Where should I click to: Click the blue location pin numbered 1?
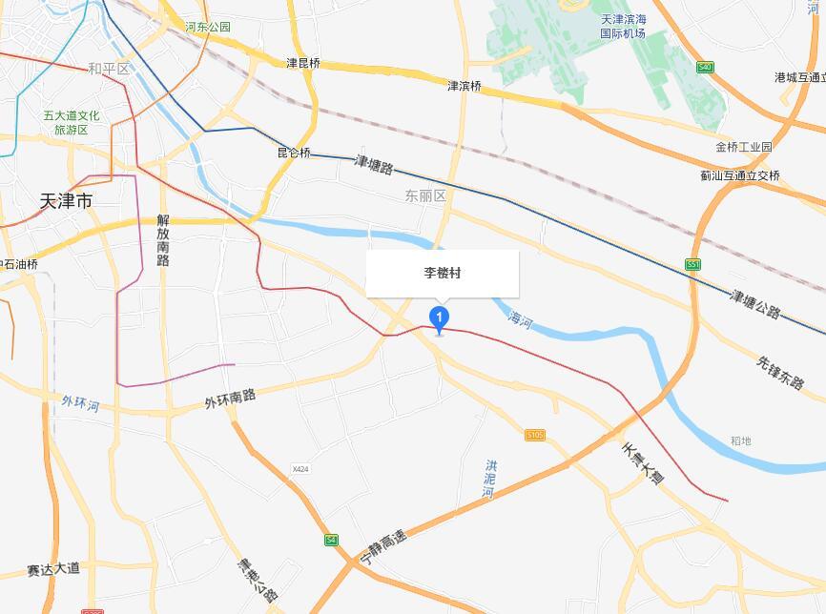[x=439, y=318]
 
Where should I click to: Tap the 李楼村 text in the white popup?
[x=443, y=273]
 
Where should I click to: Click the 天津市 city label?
[x=67, y=201]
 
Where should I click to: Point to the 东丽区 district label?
[x=425, y=195]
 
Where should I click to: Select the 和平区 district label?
[x=108, y=69]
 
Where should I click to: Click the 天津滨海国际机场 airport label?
[x=623, y=27]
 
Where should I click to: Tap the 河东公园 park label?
[x=208, y=27]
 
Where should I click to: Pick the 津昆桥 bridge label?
[x=303, y=63]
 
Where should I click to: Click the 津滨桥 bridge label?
[x=465, y=86]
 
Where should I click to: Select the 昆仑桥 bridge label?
[x=294, y=153]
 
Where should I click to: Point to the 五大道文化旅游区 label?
[x=71, y=122]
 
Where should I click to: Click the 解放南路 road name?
[x=163, y=239]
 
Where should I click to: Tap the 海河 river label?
[x=521, y=317]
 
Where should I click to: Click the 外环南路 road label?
[x=230, y=399]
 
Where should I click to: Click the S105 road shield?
[x=535, y=435]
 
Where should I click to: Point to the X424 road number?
[x=301, y=469]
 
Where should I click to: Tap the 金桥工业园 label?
[x=743, y=147]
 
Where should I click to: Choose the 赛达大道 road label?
[x=54, y=570]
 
